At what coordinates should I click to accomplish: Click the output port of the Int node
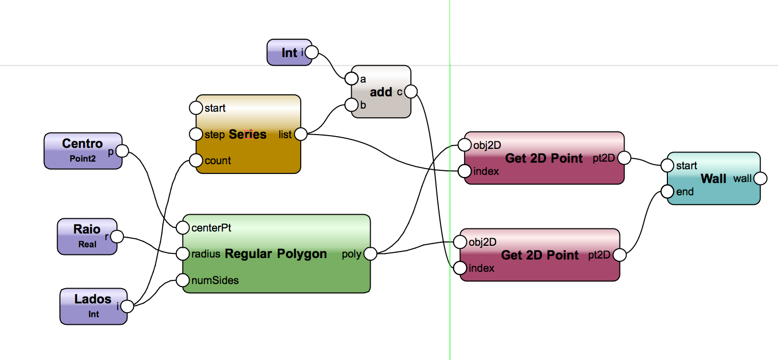click(312, 52)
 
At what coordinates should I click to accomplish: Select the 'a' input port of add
click(351, 79)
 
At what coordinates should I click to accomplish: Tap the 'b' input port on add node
click(351, 105)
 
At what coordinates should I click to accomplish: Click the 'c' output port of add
click(411, 92)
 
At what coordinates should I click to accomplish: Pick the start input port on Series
click(196, 108)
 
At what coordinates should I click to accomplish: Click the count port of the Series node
click(196, 161)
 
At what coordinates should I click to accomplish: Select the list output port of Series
click(301, 134)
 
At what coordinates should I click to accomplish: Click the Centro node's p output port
click(122, 151)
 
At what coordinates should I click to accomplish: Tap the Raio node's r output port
click(117, 237)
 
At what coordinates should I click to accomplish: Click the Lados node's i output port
click(127, 306)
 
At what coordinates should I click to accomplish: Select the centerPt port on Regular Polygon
click(183, 227)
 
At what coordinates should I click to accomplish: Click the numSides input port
click(183, 280)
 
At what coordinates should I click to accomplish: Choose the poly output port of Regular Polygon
click(371, 253)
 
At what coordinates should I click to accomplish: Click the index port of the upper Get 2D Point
click(464, 171)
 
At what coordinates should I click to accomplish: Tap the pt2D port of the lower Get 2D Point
click(619, 255)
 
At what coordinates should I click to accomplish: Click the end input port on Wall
click(667, 192)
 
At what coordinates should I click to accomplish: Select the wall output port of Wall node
click(760, 178)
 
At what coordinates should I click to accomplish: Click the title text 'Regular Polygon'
click(276, 253)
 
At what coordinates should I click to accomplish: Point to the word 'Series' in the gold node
click(248, 134)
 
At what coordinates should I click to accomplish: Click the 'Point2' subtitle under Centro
click(83, 159)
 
